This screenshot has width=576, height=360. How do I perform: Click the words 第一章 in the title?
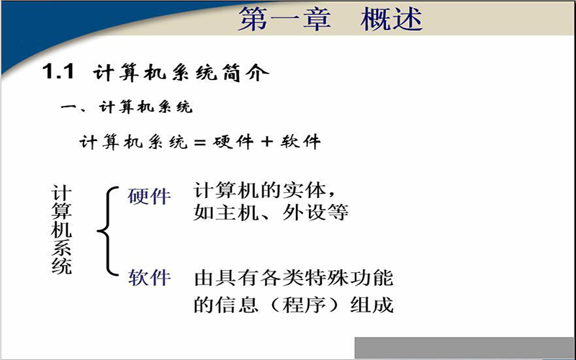[284, 19]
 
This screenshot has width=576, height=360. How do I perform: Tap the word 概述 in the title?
[392, 19]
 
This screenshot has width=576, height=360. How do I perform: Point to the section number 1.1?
[58, 71]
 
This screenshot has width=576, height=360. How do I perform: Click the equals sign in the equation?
[199, 142]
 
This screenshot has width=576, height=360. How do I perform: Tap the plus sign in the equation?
[267, 142]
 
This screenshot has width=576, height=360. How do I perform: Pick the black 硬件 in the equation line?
[233, 142]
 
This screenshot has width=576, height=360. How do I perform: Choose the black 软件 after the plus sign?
[300, 142]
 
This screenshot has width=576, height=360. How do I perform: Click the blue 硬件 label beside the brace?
[149, 196]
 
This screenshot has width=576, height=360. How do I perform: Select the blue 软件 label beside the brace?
[149, 277]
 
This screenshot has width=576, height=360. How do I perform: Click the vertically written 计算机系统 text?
[61, 230]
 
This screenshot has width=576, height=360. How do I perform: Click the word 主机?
[238, 212]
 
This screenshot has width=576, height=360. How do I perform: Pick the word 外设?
[305, 212]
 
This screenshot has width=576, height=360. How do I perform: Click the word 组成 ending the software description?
[372, 305]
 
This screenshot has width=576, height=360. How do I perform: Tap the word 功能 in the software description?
[372, 278]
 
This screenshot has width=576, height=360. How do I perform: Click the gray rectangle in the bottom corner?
[465, 348]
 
